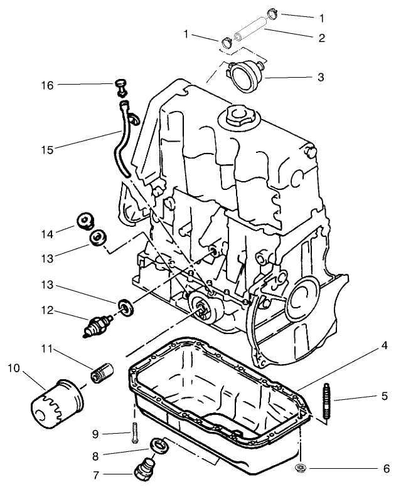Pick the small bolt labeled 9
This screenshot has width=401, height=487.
point(135,433)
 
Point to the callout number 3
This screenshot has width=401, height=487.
point(320,78)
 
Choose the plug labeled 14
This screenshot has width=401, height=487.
point(83,221)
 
